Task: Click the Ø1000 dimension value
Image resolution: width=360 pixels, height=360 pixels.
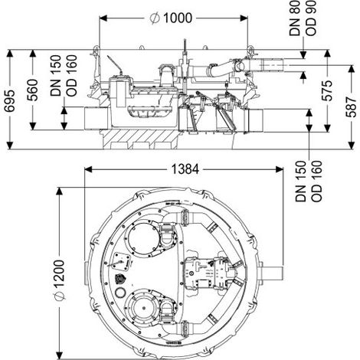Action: pos(171,18)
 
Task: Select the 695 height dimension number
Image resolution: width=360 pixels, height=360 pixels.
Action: pos(10,100)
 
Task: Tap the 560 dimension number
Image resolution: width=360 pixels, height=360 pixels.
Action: pos(33,90)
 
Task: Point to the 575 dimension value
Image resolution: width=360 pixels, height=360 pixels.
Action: pos(326,90)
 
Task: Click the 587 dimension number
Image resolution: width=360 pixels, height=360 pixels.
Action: pos(351,106)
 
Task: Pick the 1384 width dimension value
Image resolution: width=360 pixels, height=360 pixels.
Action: pos(185,169)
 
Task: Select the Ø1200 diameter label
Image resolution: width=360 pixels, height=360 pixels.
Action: pos(60,280)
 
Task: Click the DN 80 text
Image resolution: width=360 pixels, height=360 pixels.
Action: pos(294,18)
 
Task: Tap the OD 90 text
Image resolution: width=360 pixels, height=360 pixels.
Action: pos(311,18)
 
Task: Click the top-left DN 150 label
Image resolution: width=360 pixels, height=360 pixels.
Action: pos(56,76)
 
